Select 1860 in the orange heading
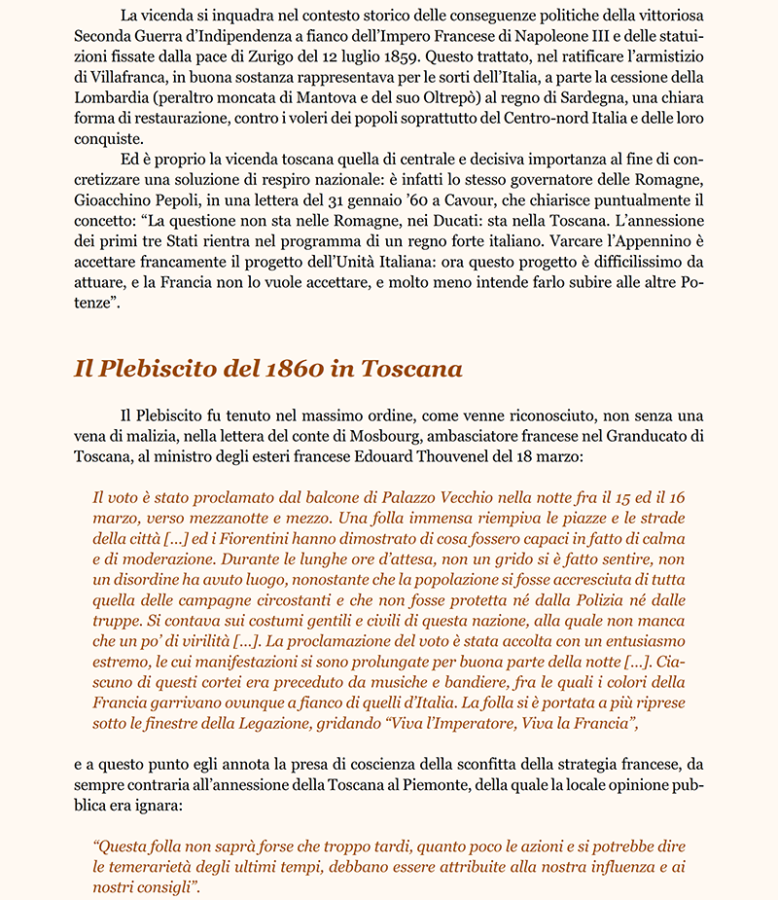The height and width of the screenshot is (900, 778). [x=290, y=370]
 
